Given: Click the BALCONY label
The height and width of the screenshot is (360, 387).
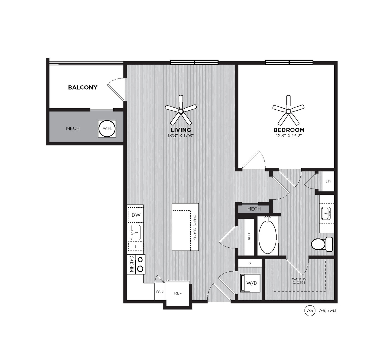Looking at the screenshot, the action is click(83, 87).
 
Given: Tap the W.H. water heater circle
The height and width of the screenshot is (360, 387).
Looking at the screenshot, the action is click(107, 128).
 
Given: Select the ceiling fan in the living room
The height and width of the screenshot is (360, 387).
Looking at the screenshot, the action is click(181, 110).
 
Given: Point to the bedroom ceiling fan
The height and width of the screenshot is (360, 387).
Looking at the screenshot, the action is click(289, 110).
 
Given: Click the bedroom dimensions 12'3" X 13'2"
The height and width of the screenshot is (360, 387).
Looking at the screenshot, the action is click(289, 136).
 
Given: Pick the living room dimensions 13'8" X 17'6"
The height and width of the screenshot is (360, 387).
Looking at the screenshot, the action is click(181, 136).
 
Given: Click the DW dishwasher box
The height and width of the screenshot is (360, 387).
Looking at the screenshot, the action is click(136, 215).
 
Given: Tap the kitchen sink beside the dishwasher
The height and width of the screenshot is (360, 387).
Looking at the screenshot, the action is click(136, 233).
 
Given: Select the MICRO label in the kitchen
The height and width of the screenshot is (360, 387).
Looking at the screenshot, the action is click(132, 264).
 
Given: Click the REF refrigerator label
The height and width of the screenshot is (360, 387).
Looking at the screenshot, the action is click(178, 293).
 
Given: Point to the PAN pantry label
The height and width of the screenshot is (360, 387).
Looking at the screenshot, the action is click(160, 292).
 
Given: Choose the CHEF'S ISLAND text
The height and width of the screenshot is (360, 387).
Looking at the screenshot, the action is click(195, 227).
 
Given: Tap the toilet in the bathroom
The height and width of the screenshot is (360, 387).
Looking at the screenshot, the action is click(322, 244).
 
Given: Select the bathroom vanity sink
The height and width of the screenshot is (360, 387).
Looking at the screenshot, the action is click(326, 213).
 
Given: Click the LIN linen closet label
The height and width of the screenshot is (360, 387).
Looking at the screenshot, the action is click(328, 181).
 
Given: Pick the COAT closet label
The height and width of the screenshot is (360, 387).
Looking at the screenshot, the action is click(249, 237).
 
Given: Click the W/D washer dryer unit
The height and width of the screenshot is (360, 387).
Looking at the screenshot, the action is click(250, 283).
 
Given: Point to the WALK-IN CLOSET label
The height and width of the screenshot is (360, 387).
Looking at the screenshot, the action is click(299, 281).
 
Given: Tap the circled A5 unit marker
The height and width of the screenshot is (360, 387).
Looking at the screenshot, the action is click(310, 310).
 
